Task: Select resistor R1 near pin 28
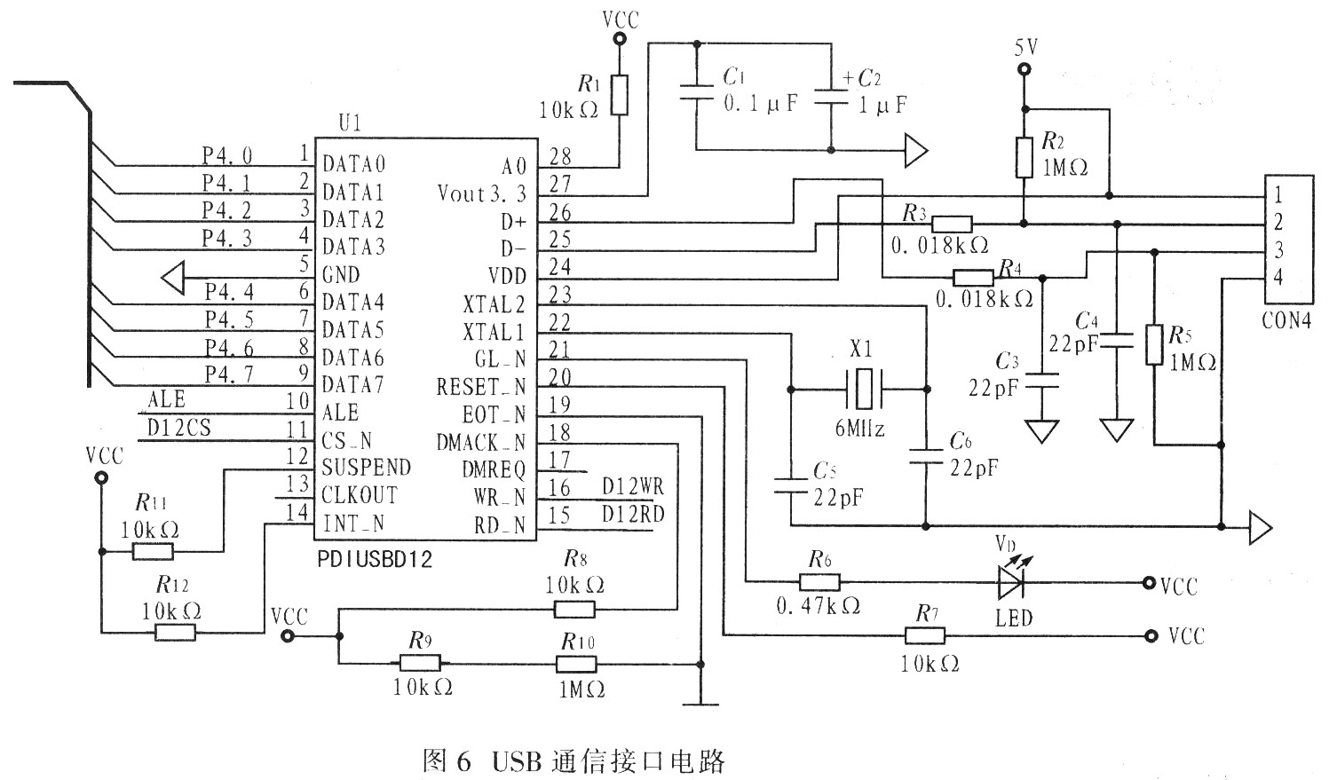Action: tap(620, 95)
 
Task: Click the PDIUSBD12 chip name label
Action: tap(374, 560)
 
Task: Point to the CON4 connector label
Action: tap(1286, 320)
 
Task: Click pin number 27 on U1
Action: tap(560, 185)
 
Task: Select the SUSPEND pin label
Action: tap(366, 468)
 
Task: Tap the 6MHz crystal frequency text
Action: tap(859, 428)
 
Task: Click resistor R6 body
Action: tap(819, 583)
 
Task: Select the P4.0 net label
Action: tap(227, 155)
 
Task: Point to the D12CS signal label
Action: tap(179, 428)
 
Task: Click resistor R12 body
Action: tap(176, 632)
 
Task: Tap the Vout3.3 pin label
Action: tap(482, 193)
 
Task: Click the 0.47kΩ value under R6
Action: tap(818, 607)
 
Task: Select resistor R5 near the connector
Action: tap(1153, 344)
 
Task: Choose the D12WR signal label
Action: tap(632, 487)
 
